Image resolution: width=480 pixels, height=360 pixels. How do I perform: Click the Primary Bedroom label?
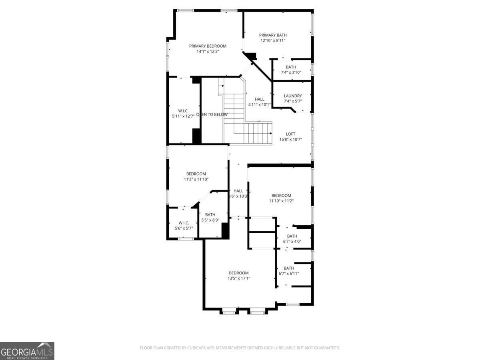(208, 46)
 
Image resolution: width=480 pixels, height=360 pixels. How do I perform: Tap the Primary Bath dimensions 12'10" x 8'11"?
(273, 40)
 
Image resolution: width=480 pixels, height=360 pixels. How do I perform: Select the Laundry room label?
(293, 96)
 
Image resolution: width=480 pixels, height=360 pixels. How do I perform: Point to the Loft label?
(290, 134)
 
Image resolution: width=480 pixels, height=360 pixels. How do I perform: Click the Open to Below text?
(212, 114)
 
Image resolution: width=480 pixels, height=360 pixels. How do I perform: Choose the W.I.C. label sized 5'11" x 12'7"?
(183, 111)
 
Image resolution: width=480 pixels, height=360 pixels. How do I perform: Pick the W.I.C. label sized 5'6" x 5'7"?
(184, 223)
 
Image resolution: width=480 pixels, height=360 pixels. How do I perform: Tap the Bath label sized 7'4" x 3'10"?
(291, 67)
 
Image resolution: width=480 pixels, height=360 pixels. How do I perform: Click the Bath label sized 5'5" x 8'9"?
(210, 215)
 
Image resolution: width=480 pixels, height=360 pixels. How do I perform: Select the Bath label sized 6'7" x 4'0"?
(292, 236)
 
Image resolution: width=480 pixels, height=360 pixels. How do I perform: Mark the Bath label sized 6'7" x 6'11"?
(288, 268)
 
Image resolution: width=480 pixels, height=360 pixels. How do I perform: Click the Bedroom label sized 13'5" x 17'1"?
(239, 273)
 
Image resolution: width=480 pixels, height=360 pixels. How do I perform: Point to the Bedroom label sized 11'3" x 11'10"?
(196, 174)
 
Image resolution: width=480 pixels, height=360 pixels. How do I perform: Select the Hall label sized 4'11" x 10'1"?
(260, 99)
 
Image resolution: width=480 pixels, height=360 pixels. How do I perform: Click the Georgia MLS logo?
(27, 351)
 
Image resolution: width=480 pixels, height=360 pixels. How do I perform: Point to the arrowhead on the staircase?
(271, 133)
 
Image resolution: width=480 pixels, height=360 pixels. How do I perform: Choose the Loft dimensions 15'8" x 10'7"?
(290, 140)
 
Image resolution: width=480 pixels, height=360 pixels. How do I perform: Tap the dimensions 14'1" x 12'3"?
(208, 51)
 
